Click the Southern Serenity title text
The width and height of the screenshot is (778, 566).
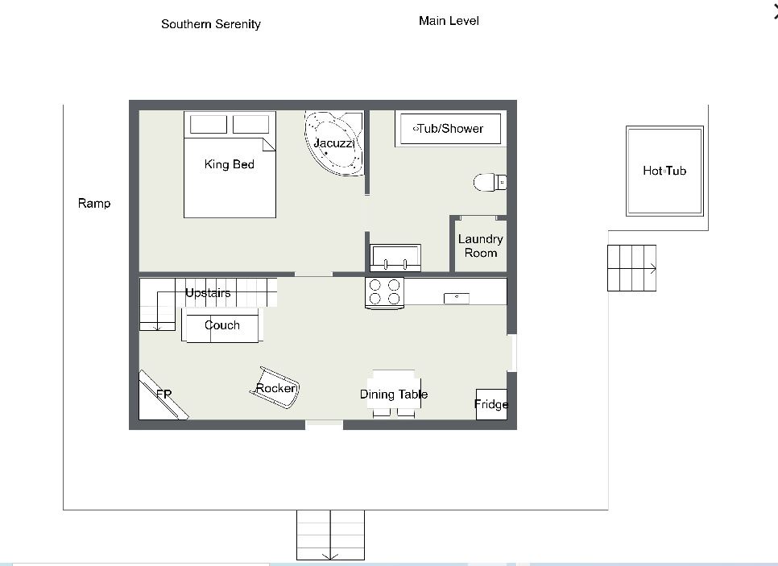click(211, 24)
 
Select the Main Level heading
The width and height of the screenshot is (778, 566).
click(449, 21)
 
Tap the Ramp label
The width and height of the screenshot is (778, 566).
click(94, 204)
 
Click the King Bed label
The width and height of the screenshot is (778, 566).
click(230, 164)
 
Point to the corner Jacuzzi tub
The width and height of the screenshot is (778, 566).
click(333, 143)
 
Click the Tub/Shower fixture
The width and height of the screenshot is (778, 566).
click(450, 129)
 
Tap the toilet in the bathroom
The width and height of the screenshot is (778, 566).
click(490, 182)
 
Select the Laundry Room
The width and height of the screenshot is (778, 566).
click(480, 246)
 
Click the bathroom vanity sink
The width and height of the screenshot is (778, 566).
click(395, 258)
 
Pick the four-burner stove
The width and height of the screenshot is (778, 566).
click(384, 293)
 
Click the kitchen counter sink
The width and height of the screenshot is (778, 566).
click(457, 298)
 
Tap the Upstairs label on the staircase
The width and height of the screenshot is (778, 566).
click(208, 293)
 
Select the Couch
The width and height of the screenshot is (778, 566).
click(221, 325)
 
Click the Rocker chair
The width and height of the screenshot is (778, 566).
click(275, 387)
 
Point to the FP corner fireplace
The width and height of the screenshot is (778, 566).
click(162, 395)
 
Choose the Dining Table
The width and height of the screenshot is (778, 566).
click(394, 394)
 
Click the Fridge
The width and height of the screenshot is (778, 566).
click(491, 404)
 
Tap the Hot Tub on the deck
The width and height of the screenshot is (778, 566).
click(665, 171)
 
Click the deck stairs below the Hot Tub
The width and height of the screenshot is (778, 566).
click(631, 268)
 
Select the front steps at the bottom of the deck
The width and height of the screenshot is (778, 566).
click(330, 535)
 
